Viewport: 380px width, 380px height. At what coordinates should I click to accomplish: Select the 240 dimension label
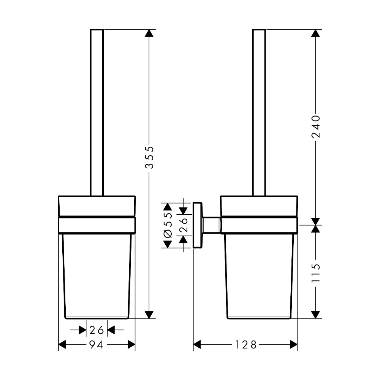click(316, 126)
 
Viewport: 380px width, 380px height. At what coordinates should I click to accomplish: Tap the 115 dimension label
click(316, 273)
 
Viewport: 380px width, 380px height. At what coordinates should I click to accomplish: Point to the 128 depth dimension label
click(246, 345)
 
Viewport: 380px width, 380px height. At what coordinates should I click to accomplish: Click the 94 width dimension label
click(96, 345)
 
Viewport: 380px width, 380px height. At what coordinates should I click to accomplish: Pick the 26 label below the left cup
click(97, 330)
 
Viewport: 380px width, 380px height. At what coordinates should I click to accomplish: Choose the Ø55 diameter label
click(168, 225)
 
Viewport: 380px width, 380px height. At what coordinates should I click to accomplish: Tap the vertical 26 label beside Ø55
click(184, 225)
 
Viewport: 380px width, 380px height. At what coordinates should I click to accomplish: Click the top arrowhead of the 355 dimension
click(149, 33)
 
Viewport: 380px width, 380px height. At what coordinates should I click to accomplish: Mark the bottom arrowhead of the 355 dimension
click(149, 315)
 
